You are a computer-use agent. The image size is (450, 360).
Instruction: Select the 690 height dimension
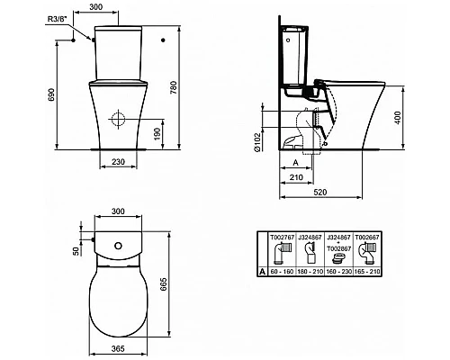52,94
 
